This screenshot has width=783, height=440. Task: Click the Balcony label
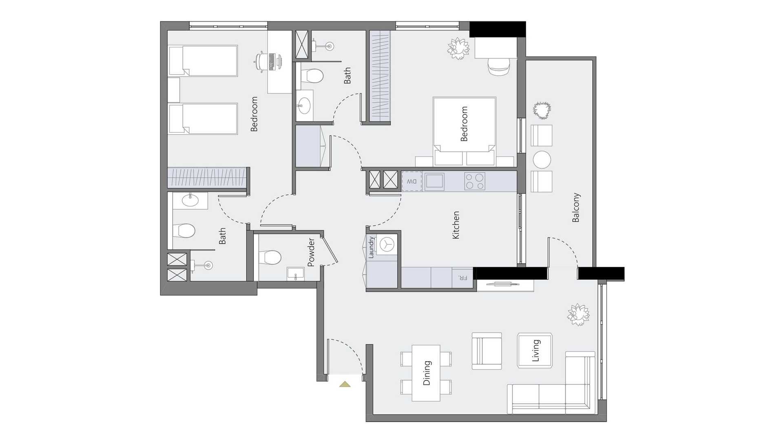click(x=576, y=207)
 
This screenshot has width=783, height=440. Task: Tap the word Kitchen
click(x=456, y=225)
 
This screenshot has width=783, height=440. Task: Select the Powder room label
click(x=311, y=253)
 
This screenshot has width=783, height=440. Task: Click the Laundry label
click(x=371, y=247)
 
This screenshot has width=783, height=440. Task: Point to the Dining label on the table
click(x=427, y=373)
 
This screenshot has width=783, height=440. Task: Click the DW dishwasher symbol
click(x=412, y=181)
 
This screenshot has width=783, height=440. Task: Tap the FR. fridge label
click(x=463, y=278)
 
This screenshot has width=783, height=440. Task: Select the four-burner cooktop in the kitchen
click(x=475, y=181)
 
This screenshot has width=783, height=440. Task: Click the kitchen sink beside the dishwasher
click(x=435, y=181)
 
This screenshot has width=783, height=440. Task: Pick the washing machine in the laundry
click(x=387, y=245)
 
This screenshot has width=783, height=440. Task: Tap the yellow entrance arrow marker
click(x=345, y=384)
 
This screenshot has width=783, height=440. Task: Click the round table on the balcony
click(x=542, y=160)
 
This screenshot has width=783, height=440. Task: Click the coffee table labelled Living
click(x=535, y=351)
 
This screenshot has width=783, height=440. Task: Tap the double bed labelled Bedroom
click(x=464, y=131)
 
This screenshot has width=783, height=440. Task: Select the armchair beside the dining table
click(x=487, y=351)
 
